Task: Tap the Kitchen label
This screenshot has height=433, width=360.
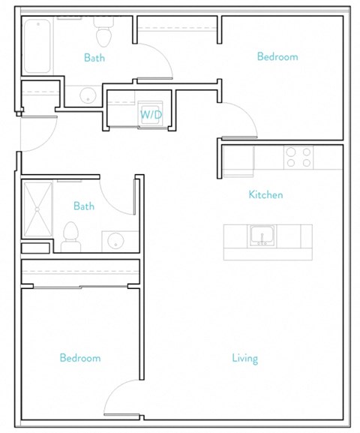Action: [265, 195]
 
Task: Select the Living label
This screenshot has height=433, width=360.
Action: [244, 359]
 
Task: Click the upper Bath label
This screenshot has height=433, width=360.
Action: [94, 58]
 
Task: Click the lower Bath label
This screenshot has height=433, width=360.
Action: [84, 206]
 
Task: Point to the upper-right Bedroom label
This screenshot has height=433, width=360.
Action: [277, 57]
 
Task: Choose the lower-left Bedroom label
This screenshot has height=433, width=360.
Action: [80, 359]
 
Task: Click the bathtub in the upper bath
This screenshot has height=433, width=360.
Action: [37, 46]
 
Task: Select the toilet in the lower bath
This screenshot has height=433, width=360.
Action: [71, 236]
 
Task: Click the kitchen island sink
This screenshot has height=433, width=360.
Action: [262, 236]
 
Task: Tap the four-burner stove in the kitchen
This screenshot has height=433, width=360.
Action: [298, 158]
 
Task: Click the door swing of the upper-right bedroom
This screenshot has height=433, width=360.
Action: [240, 120]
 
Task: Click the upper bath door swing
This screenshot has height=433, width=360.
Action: [154, 60]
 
